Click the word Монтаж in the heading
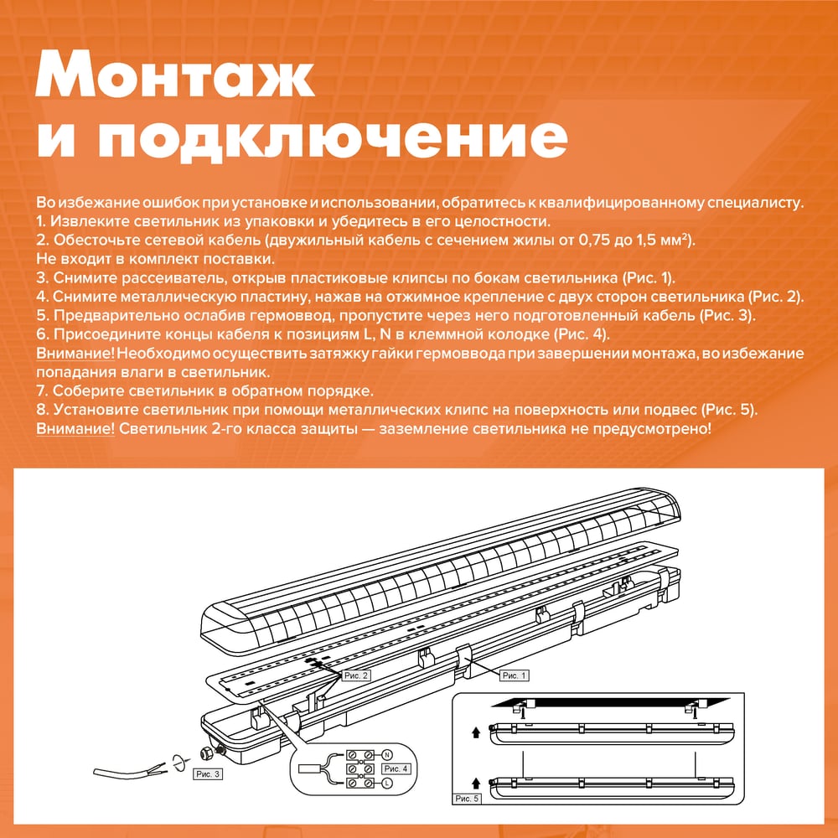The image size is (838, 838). pos(175,75)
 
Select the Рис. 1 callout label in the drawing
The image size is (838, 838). pos(515,675)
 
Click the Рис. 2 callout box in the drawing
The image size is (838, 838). pos(356,675)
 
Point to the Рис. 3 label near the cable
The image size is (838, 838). pos(208,773)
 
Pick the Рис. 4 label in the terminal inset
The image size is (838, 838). pos(396,768)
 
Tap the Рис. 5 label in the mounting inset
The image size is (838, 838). pos(467,799)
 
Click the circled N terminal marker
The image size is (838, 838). pos(387,755)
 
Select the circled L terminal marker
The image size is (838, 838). pos(387,783)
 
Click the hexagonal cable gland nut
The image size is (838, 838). pos(204,753)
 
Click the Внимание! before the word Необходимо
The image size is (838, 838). pos(75,354)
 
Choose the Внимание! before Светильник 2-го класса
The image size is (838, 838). pos(75,428)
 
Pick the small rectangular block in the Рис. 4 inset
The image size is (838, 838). pos(308,768)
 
